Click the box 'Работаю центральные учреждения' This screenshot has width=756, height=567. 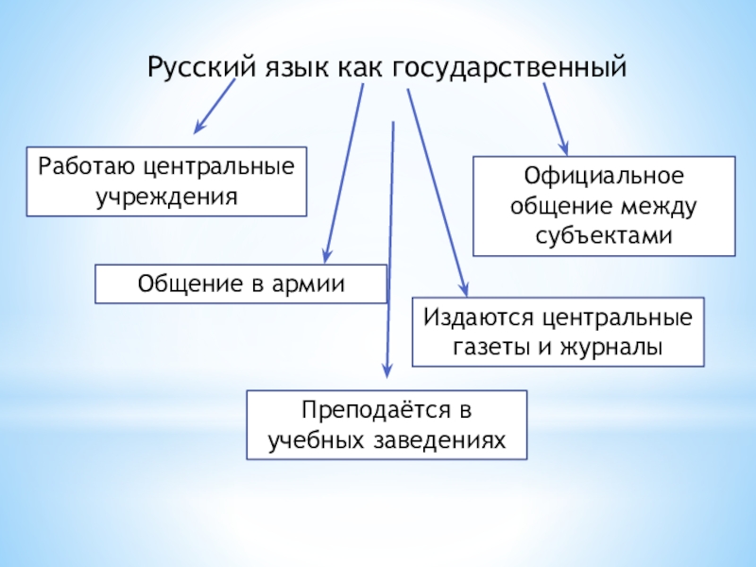click(x=166, y=181)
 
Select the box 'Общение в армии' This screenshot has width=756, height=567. click(x=241, y=283)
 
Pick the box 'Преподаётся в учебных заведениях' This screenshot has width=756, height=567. click(x=387, y=425)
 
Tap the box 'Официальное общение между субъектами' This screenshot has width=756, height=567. click(x=604, y=207)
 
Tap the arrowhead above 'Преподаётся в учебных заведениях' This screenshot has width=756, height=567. click(x=386, y=371)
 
